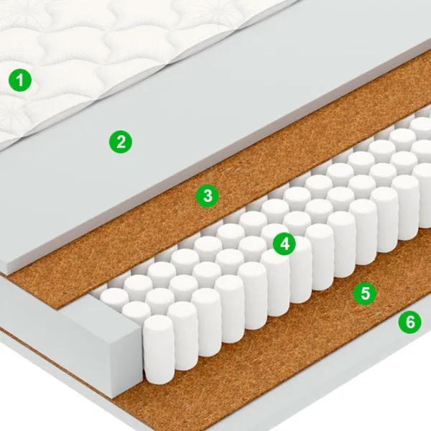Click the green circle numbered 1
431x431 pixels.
pyautogui.click(x=20, y=80)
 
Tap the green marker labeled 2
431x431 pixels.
pyautogui.click(x=121, y=142)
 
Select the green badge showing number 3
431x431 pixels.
pyautogui.click(x=208, y=196)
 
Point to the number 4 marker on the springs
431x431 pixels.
pyautogui.click(x=284, y=244)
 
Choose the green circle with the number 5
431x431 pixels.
pyautogui.click(x=365, y=293)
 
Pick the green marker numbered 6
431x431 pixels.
pyautogui.click(x=410, y=322)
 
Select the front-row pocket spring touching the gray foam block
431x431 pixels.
pyautogui.click(x=159, y=349)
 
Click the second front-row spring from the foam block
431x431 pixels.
pyautogui.click(x=182, y=336)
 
